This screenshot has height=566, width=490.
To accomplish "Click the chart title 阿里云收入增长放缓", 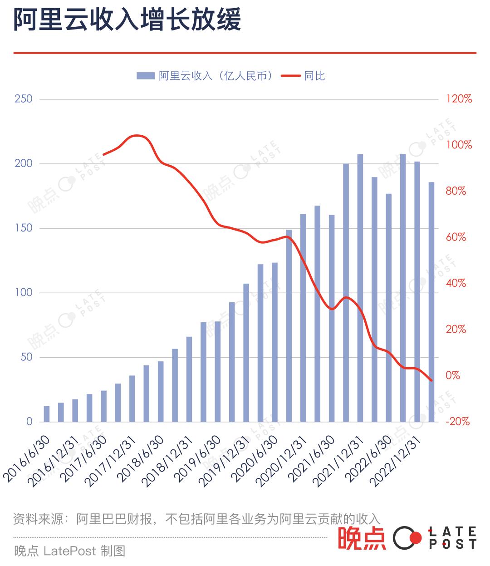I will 127,20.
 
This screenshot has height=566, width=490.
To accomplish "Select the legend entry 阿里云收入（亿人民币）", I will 216,76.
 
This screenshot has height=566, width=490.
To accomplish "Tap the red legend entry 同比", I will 314,76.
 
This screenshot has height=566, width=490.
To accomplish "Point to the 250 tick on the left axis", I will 24,99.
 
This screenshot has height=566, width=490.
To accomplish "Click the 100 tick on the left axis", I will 24,293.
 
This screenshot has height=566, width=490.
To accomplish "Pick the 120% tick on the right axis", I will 459,99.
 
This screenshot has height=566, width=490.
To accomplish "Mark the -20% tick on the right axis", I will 457,422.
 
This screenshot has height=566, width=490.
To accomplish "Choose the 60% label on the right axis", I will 456,237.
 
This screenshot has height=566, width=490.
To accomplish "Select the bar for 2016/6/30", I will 47,414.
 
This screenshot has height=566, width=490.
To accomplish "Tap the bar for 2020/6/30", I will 274,342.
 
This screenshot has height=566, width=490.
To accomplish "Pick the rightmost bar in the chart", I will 431,302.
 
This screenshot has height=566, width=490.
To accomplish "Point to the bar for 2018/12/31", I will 189,379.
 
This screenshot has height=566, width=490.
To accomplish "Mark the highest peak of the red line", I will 137,135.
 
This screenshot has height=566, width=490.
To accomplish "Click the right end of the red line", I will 432,380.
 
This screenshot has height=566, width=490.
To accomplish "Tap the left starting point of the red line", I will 103,155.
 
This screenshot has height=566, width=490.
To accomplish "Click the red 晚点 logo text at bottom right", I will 362,538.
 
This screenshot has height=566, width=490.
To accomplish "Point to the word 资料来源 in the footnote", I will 38,519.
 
